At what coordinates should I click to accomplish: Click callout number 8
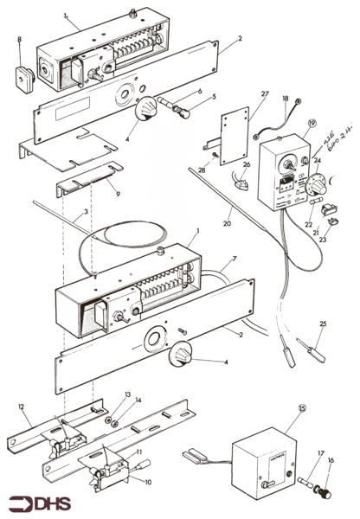pos(20,40)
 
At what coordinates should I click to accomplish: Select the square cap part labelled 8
pos(22,62)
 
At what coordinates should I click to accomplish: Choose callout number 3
pos(87,213)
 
